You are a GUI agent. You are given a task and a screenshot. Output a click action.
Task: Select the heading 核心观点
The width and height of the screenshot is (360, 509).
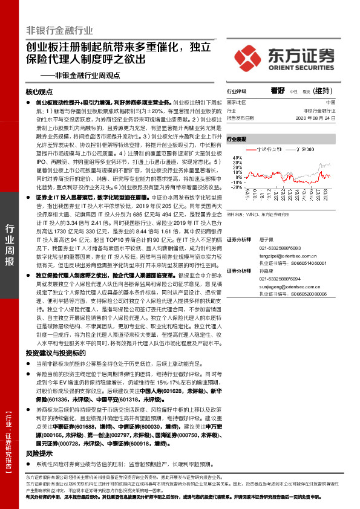pyautogui.click(x=40, y=92)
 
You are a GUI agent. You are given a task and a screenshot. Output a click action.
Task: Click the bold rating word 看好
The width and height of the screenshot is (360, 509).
pyautogui.click(x=277, y=91)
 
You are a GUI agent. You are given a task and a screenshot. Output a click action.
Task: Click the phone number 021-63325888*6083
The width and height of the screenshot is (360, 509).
pyautogui.click(x=280, y=248)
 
